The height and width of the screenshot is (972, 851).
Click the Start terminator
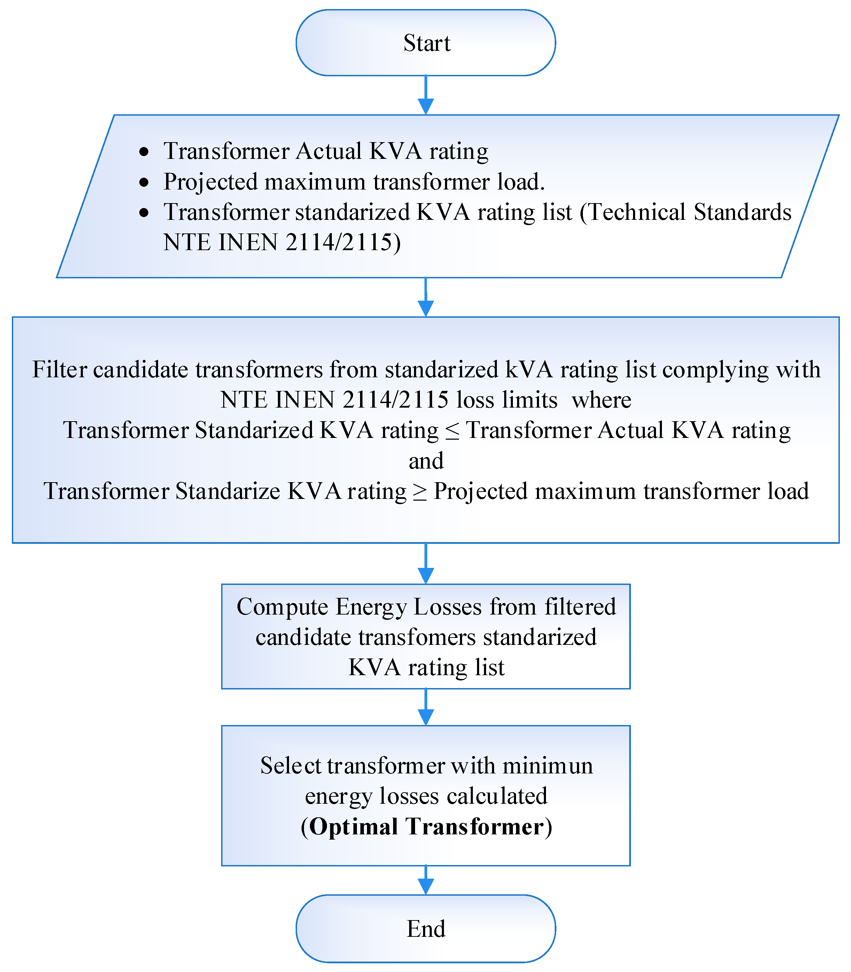tap(425, 43)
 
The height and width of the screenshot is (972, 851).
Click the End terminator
tap(425, 928)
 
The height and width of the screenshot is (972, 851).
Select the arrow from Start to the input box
tap(425, 95)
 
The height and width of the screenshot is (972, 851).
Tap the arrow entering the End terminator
tap(425, 880)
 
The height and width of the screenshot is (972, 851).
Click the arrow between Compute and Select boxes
tap(425, 707)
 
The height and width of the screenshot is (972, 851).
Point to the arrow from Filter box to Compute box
tap(425, 563)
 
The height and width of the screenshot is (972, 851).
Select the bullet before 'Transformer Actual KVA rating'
tap(144, 152)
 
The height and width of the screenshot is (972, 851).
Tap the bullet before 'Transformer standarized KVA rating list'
tap(144, 213)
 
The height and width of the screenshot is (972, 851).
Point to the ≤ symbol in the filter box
tap(452, 431)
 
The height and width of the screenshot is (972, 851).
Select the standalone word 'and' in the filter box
tap(426, 461)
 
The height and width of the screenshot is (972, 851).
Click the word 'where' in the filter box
tap(601, 400)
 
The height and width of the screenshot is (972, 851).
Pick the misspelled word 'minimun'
tap(548, 765)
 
